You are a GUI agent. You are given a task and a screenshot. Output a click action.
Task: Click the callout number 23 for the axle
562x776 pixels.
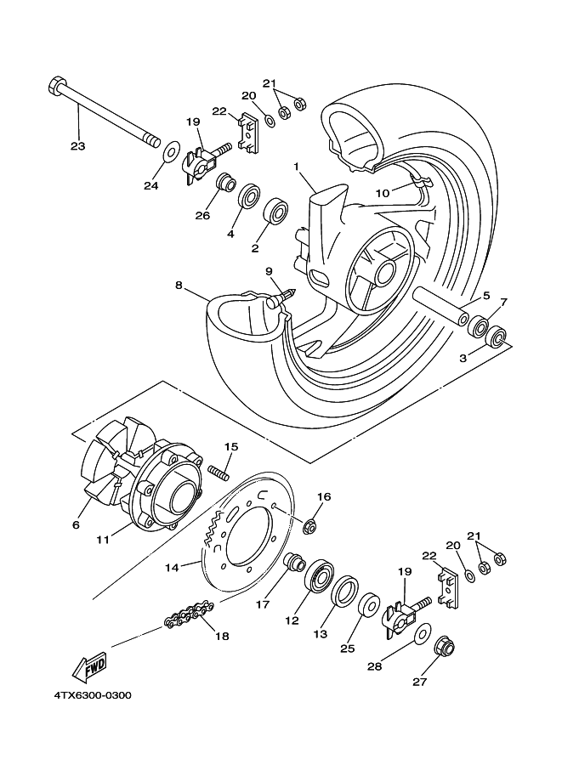click(78, 145)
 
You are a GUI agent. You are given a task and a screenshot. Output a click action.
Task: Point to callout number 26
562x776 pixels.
click(202, 215)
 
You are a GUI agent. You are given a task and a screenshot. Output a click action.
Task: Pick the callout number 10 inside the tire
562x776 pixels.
click(383, 193)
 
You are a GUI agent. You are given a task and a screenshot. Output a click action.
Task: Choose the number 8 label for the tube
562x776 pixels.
click(179, 286)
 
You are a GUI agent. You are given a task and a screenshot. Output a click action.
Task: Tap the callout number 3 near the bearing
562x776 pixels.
click(463, 359)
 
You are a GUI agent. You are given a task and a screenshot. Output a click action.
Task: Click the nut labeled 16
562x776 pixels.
click(310, 527)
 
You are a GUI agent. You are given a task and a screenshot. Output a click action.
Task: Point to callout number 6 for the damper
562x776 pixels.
click(75, 525)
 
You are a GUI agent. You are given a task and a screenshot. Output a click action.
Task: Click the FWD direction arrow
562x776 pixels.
click(88, 670)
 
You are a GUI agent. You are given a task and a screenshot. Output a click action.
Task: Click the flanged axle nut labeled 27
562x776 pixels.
click(443, 649)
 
